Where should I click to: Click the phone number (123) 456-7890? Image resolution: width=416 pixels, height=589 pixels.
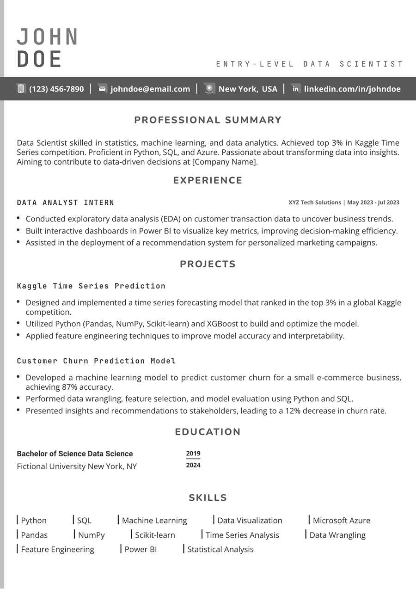tap(56, 89)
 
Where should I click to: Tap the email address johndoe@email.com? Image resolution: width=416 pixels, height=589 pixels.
tap(150, 89)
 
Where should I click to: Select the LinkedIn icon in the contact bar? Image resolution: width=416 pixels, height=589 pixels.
tap(296, 89)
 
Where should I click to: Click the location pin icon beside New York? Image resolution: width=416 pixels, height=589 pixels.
tap(210, 89)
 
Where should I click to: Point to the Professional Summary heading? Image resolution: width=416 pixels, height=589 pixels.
tap(208, 120)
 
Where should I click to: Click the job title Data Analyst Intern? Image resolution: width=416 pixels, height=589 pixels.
tap(66, 202)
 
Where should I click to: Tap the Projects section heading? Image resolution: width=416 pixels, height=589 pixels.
tap(208, 264)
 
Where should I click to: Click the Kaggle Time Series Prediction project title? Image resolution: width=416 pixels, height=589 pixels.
tap(91, 286)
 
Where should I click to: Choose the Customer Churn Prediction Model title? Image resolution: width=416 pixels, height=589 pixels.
tap(96, 361)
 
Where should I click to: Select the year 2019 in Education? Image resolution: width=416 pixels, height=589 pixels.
tap(193, 454)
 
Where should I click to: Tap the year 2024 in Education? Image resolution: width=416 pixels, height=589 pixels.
tap(193, 465)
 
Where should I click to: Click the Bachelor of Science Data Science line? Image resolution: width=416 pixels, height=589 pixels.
tap(75, 454)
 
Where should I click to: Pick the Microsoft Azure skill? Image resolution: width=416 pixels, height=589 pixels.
tap(341, 521)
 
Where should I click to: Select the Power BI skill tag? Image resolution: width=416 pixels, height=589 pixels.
tap(141, 549)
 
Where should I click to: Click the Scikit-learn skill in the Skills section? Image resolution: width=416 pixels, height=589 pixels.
tap(155, 535)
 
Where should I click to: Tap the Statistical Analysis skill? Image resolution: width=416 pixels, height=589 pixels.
tap(220, 549)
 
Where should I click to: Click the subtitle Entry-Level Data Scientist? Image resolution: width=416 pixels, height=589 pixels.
tap(310, 64)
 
